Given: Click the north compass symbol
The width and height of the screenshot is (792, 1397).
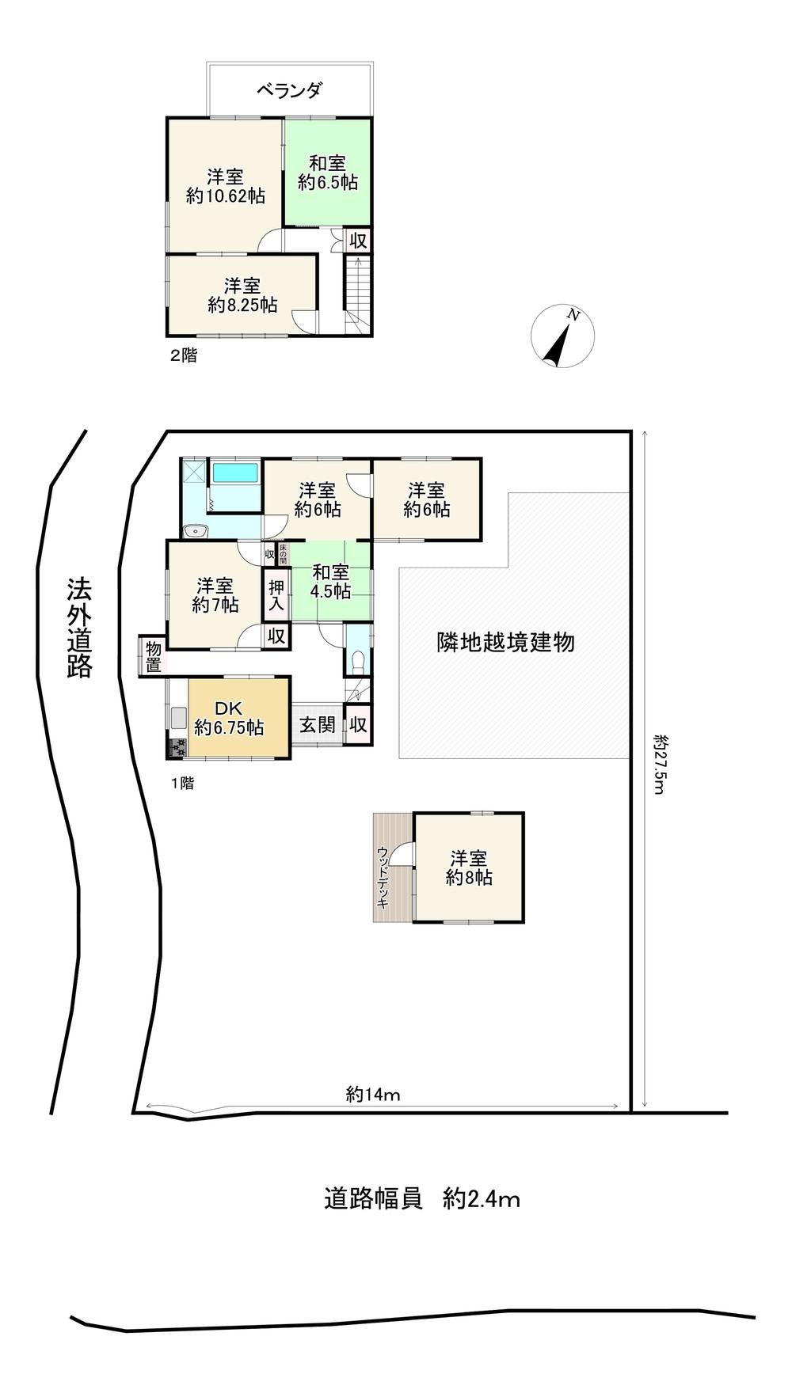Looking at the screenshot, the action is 563,337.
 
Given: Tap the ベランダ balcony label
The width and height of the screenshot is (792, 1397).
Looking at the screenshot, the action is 289,90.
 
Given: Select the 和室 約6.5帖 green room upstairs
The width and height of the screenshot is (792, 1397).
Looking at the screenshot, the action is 328,173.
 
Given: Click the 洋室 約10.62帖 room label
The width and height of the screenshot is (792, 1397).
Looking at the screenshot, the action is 226,186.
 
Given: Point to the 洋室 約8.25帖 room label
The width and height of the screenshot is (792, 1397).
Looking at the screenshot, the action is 242,294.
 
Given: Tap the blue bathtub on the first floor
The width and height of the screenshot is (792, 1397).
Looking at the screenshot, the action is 235,473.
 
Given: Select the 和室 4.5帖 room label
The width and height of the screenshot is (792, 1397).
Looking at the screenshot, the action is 330,581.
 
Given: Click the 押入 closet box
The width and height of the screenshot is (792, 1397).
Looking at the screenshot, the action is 276,594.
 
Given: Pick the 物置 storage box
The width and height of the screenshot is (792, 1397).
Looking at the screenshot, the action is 152,656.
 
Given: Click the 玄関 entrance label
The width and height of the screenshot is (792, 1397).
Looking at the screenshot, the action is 318,724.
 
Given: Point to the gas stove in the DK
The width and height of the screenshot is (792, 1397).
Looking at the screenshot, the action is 177,747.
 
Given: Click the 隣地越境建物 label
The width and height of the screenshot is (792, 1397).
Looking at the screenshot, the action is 506,642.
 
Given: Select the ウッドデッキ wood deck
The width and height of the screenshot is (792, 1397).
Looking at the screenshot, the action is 393,867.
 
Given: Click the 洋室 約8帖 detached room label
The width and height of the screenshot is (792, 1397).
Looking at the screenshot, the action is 469,867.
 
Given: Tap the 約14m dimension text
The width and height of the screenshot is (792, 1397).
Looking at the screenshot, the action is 373,1095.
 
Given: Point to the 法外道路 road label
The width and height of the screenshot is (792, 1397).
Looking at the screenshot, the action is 79,628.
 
